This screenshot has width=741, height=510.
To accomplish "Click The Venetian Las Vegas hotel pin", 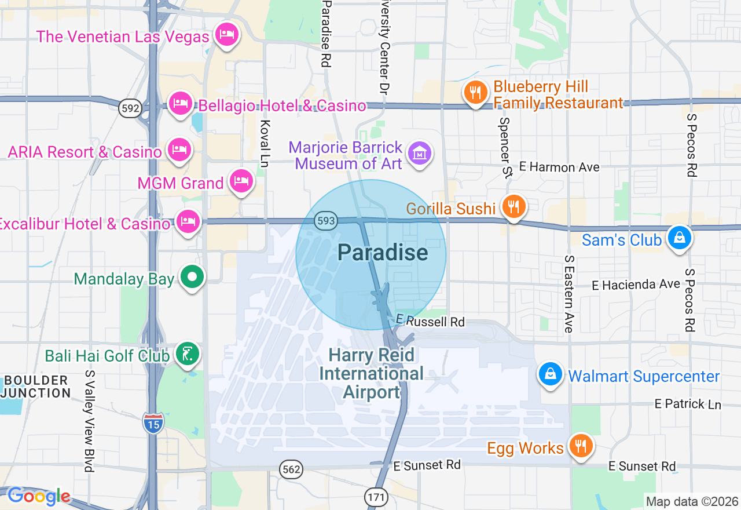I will tap(226, 35).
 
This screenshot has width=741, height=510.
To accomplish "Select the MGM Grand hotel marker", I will tap(241, 182).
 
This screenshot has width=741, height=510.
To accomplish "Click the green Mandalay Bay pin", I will tap(192, 278).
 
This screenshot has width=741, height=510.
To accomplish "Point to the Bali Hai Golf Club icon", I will tap(186, 355).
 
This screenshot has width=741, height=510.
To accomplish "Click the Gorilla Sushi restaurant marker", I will tap(513, 207).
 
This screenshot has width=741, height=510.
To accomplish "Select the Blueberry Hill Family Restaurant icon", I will tap(475, 92).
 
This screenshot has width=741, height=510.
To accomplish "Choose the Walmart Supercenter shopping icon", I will tap(551, 375).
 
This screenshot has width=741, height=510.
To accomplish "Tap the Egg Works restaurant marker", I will tap(579, 446).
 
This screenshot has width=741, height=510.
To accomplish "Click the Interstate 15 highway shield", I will tap(153, 422).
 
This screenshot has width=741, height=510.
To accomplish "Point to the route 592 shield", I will tap(130, 108).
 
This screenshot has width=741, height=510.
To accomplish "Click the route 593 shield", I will tap(326, 221).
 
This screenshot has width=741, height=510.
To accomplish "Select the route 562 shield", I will tap(291, 469).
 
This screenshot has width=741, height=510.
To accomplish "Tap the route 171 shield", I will tap(374, 496).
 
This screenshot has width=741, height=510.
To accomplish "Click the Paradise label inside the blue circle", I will tap(383, 253).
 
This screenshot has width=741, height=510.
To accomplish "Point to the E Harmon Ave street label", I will tap(559, 167).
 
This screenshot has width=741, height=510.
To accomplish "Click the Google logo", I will tap(38, 496).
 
